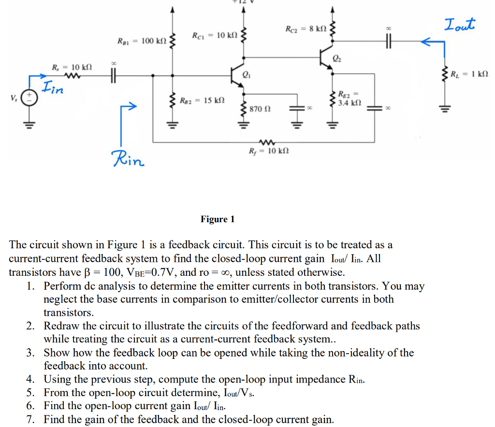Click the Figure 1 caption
(x=218, y=219)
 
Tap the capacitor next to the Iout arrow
(x=388, y=42)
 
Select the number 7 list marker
(x=30, y=419)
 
